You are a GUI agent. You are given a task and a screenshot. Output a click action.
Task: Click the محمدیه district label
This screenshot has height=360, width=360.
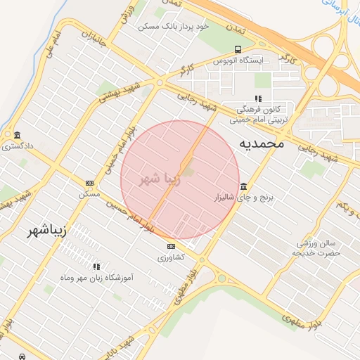coord(261,143)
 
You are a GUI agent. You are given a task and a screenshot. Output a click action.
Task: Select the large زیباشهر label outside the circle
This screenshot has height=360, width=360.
coord(53,231)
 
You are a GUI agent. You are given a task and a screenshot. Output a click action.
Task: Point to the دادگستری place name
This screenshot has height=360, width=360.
coord(15,147)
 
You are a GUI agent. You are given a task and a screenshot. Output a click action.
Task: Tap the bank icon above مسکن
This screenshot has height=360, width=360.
coord(89,182)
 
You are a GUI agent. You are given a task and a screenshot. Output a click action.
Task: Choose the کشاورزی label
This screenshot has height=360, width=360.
coord(172,257)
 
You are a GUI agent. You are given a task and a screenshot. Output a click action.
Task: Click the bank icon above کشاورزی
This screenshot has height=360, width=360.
coord(172,246)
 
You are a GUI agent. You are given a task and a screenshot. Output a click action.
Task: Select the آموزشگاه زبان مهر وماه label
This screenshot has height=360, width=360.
coord(98,278)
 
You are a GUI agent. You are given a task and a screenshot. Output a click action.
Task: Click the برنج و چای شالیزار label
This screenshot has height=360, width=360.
coord(242,198)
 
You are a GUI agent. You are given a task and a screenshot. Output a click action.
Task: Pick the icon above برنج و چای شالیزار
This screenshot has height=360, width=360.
coord(243,186)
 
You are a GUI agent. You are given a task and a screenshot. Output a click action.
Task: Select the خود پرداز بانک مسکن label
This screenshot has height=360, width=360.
coord(174,26)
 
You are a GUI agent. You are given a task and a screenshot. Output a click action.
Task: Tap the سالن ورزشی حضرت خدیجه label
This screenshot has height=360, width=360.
coord(317,247)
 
